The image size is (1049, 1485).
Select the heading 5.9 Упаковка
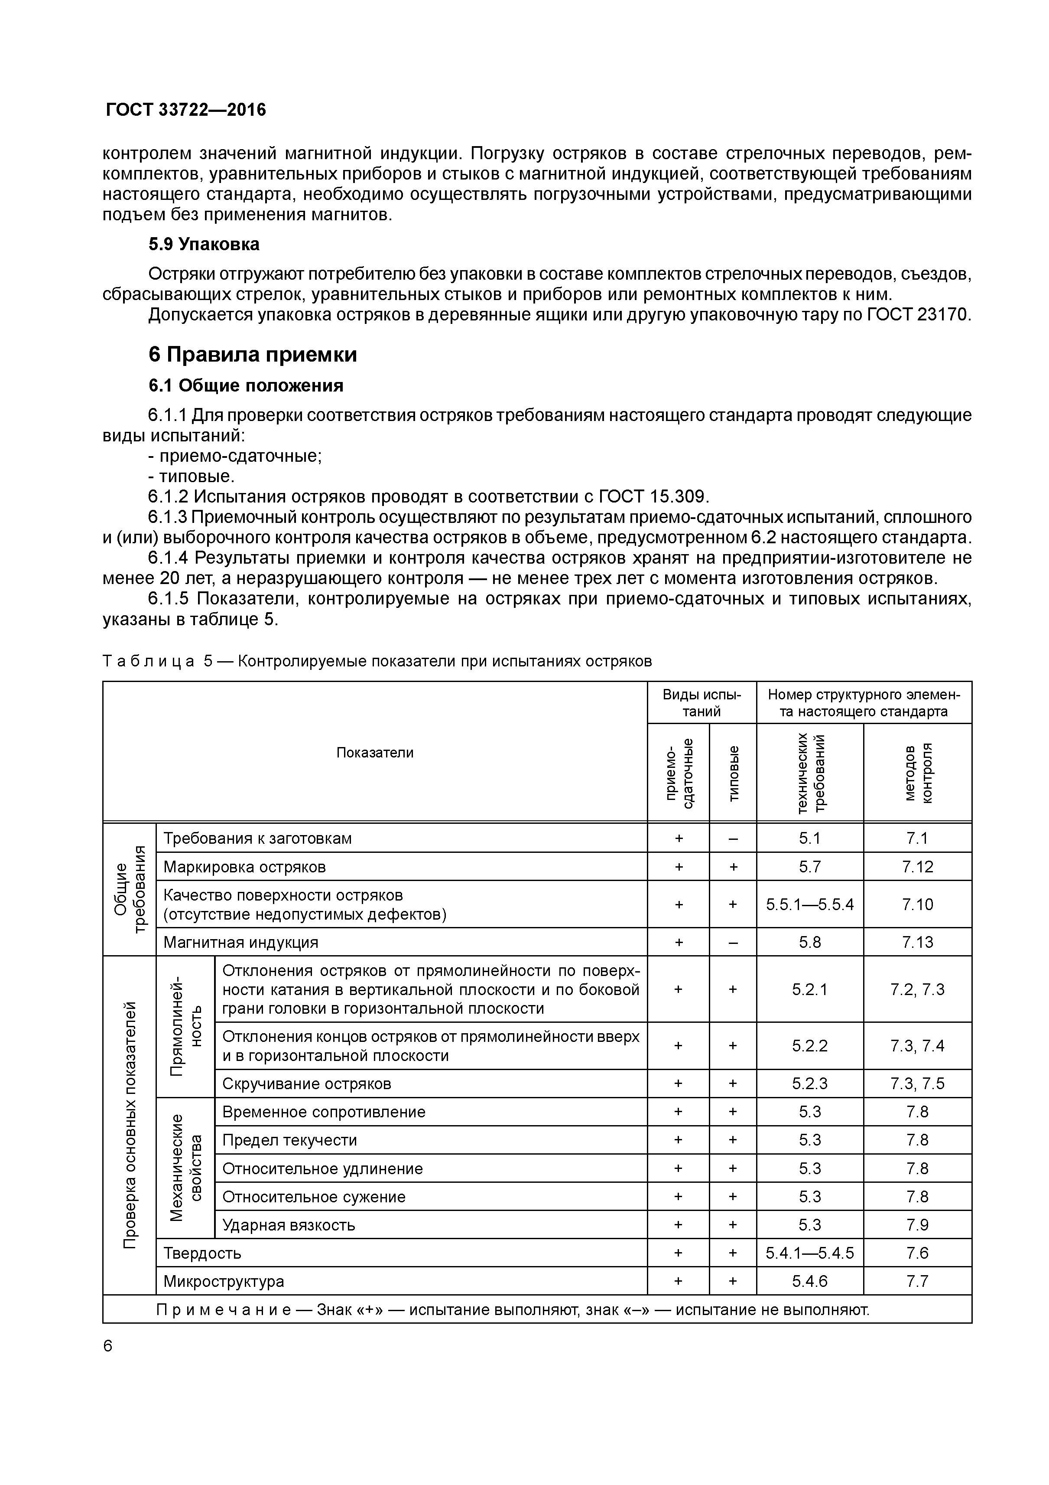[x=204, y=245]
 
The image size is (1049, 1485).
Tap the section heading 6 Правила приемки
[x=253, y=354]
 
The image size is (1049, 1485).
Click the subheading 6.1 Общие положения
[x=246, y=386]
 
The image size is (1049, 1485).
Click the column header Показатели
[x=375, y=752]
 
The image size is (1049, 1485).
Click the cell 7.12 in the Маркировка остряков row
[x=918, y=867]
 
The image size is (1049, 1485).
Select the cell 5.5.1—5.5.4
[x=810, y=904]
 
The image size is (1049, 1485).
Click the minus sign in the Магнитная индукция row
[x=733, y=942]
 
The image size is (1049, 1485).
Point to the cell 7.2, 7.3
[x=918, y=989]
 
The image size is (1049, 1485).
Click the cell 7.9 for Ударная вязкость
[x=918, y=1225]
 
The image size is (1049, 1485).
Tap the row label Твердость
[x=202, y=1253]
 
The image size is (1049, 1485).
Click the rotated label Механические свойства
[x=185, y=1168]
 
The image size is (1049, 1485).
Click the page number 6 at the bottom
[x=108, y=1346]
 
